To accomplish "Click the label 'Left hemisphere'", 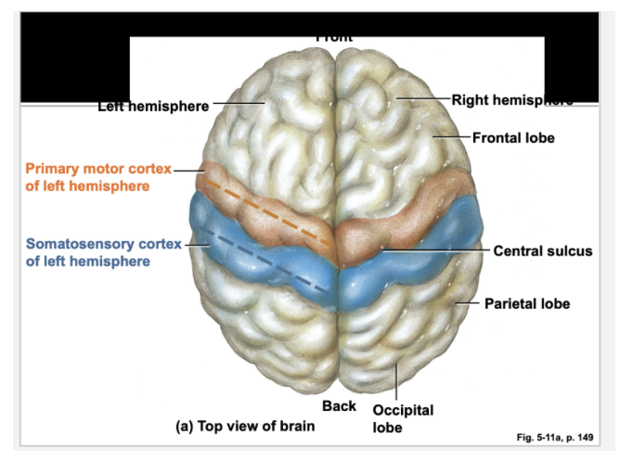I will pos(153,106).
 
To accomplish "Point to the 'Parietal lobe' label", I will pos(526,303).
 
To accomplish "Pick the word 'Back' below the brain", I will pos(339,406).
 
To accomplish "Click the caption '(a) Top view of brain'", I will pos(245,427).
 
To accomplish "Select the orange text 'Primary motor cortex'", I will pos(97,170).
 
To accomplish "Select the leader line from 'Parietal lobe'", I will pos(468,303).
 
